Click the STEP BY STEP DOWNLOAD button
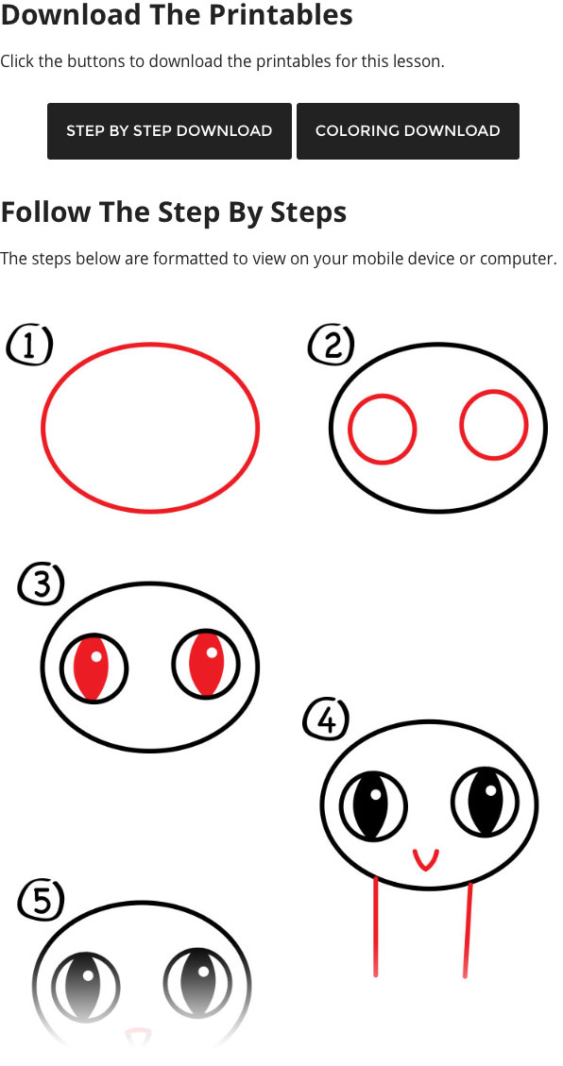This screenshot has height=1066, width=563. point(169,131)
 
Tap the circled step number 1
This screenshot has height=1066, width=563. point(29,346)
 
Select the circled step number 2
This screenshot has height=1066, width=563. point(331,346)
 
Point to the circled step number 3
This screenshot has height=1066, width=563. point(41,584)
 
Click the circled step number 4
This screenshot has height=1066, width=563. point(326,720)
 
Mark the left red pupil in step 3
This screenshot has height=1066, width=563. point(94,669)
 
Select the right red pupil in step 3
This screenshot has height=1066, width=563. point(207,665)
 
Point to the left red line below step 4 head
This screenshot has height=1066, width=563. point(375,927)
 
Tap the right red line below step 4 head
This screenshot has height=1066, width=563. point(468,930)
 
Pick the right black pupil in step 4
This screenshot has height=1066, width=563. point(486,803)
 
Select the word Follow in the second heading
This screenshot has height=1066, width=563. point(45,212)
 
